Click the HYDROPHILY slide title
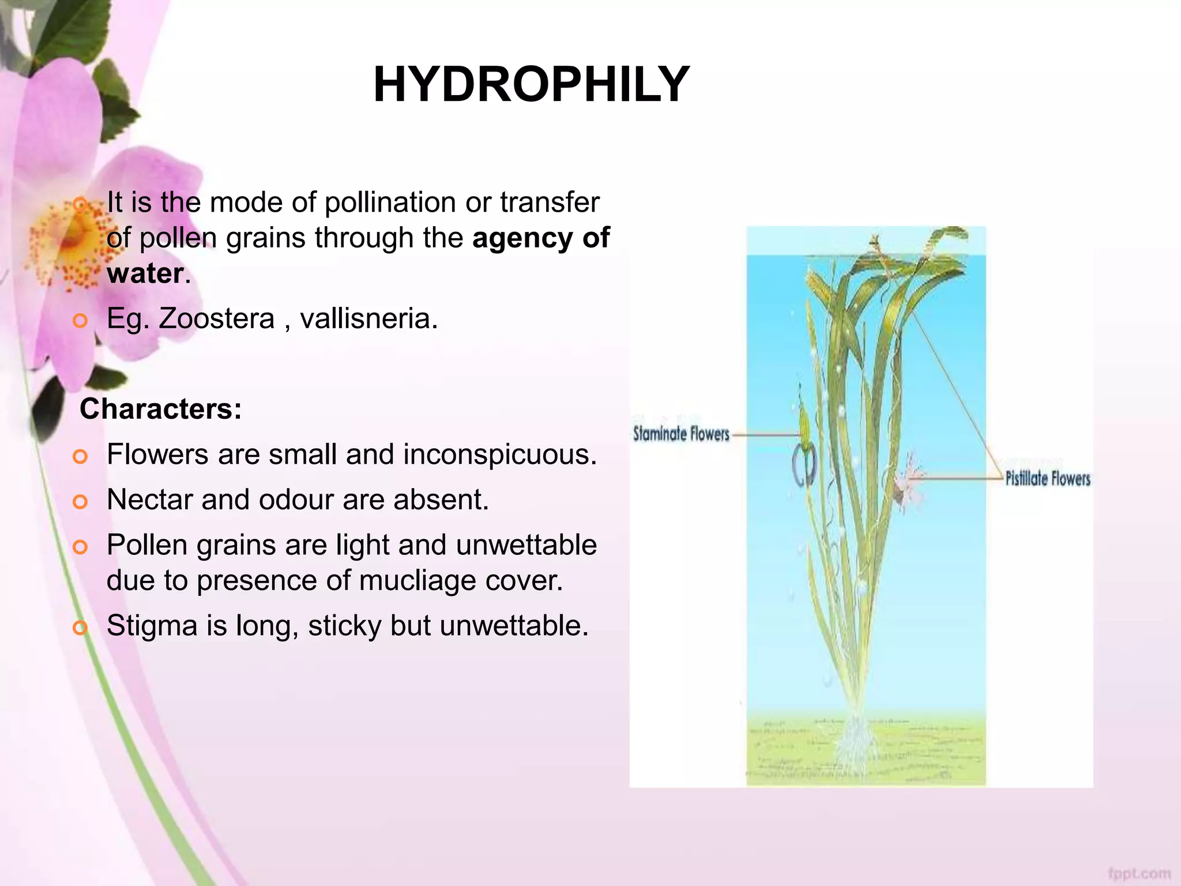[531, 85]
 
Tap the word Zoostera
[216, 318]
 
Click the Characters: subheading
[161, 409]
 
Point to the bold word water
[145, 273]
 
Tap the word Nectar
[149, 500]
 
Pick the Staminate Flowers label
[681, 434]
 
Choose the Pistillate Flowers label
[1048, 479]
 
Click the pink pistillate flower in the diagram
[910, 478]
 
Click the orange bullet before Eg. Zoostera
[80, 320]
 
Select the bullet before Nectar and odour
[80, 501]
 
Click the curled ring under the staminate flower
[804, 465]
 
